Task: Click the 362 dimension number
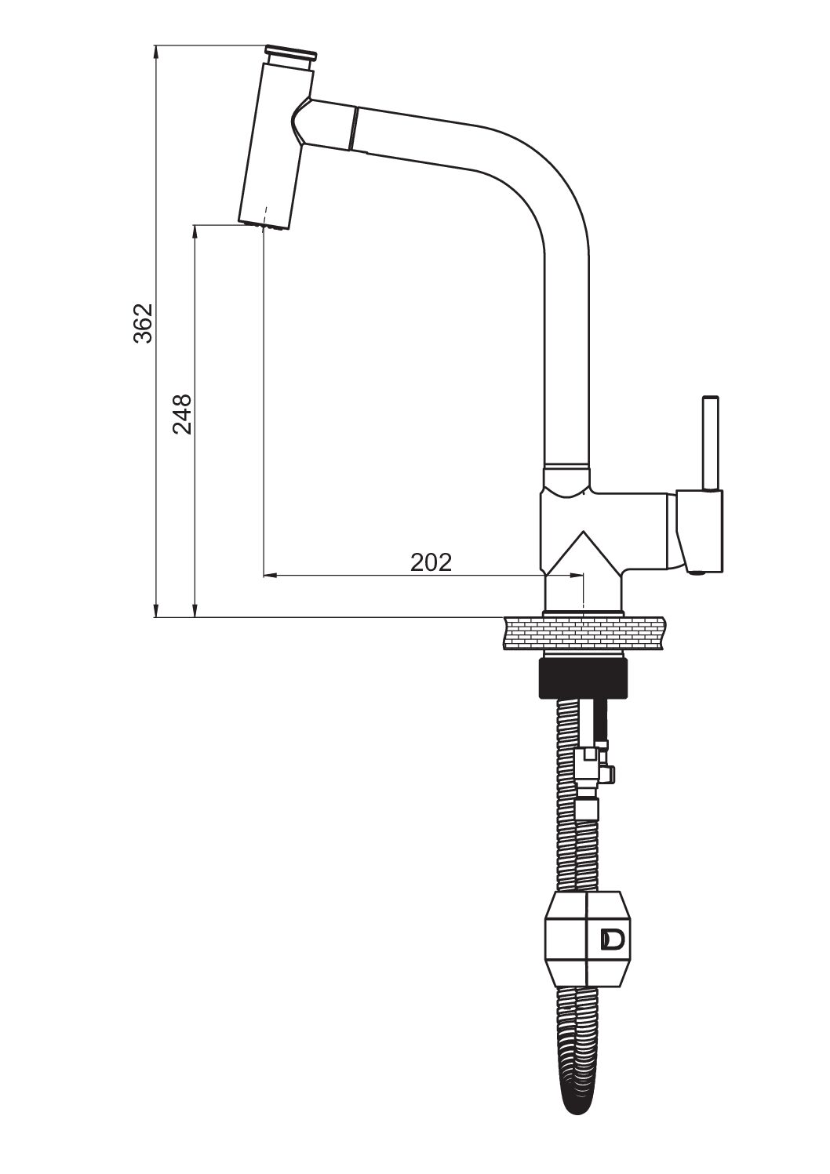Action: (142, 323)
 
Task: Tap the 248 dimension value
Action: (182, 414)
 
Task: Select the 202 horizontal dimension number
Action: (431, 562)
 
